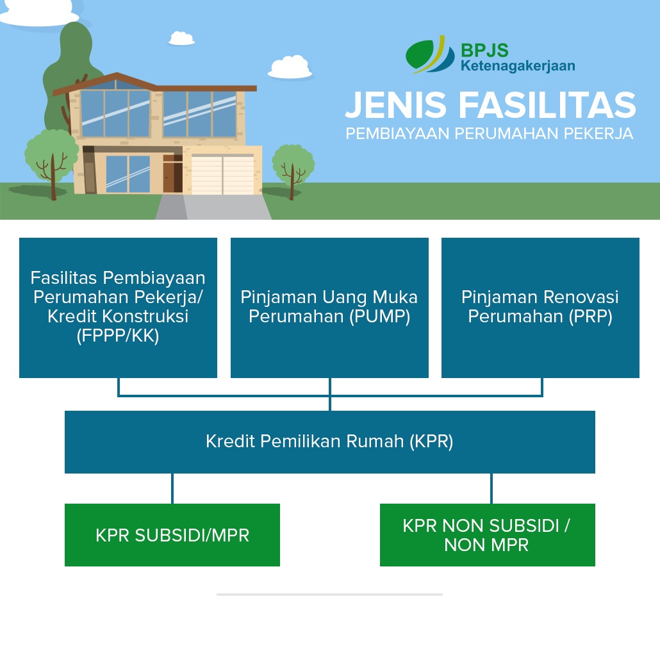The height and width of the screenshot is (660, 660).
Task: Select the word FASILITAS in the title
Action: [x=548, y=105]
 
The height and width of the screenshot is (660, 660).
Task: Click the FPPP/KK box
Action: [x=118, y=308]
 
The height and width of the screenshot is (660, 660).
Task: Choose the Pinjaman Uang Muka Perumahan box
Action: [x=329, y=308]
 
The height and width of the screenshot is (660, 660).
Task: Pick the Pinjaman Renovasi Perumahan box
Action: [x=540, y=308]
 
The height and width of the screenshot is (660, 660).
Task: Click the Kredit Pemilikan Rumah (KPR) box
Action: [x=329, y=442]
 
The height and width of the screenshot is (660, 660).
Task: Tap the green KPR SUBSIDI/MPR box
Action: [x=172, y=535]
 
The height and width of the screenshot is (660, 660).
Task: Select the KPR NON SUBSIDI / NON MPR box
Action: [x=487, y=535]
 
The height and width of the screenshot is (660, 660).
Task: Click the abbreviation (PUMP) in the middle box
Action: [x=380, y=317]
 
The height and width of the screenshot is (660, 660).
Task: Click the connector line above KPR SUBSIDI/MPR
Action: [x=172, y=488]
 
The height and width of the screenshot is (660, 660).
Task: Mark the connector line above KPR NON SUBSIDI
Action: [x=491, y=488]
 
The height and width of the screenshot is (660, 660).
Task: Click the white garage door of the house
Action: [x=223, y=174]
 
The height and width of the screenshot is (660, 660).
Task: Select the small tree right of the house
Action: [x=293, y=165]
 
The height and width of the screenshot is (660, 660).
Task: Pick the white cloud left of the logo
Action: [x=290, y=67]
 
